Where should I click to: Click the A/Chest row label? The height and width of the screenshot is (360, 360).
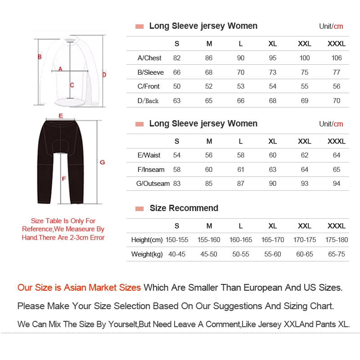point(149,58)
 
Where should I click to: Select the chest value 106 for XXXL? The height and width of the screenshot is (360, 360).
point(337,58)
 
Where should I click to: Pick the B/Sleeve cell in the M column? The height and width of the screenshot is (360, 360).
point(209,72)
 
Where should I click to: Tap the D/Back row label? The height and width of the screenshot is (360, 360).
point(148,101)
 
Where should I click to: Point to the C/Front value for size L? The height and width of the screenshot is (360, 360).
point(241,86)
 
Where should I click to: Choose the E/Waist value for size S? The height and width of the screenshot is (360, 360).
point(177,155)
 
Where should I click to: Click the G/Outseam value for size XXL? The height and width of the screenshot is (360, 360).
point(305,184)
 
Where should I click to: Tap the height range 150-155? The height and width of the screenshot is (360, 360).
point(177,240)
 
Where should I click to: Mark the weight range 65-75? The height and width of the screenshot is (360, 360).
point(337,254)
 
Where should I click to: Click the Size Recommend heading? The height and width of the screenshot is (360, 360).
point(184,208)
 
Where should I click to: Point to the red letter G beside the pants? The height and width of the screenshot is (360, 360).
point(102,162)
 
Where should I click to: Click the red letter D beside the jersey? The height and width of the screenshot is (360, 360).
point(104,75)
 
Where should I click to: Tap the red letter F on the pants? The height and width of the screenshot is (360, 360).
point(63,179)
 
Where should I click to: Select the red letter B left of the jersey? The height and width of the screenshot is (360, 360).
point(40,57)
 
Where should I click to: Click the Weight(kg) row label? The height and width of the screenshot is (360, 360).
point(147,254)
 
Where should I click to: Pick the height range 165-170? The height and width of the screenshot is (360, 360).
point(273,240)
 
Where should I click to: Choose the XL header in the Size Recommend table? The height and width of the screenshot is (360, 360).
point(273,226)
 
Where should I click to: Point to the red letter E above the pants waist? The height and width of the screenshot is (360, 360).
point(60,116)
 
